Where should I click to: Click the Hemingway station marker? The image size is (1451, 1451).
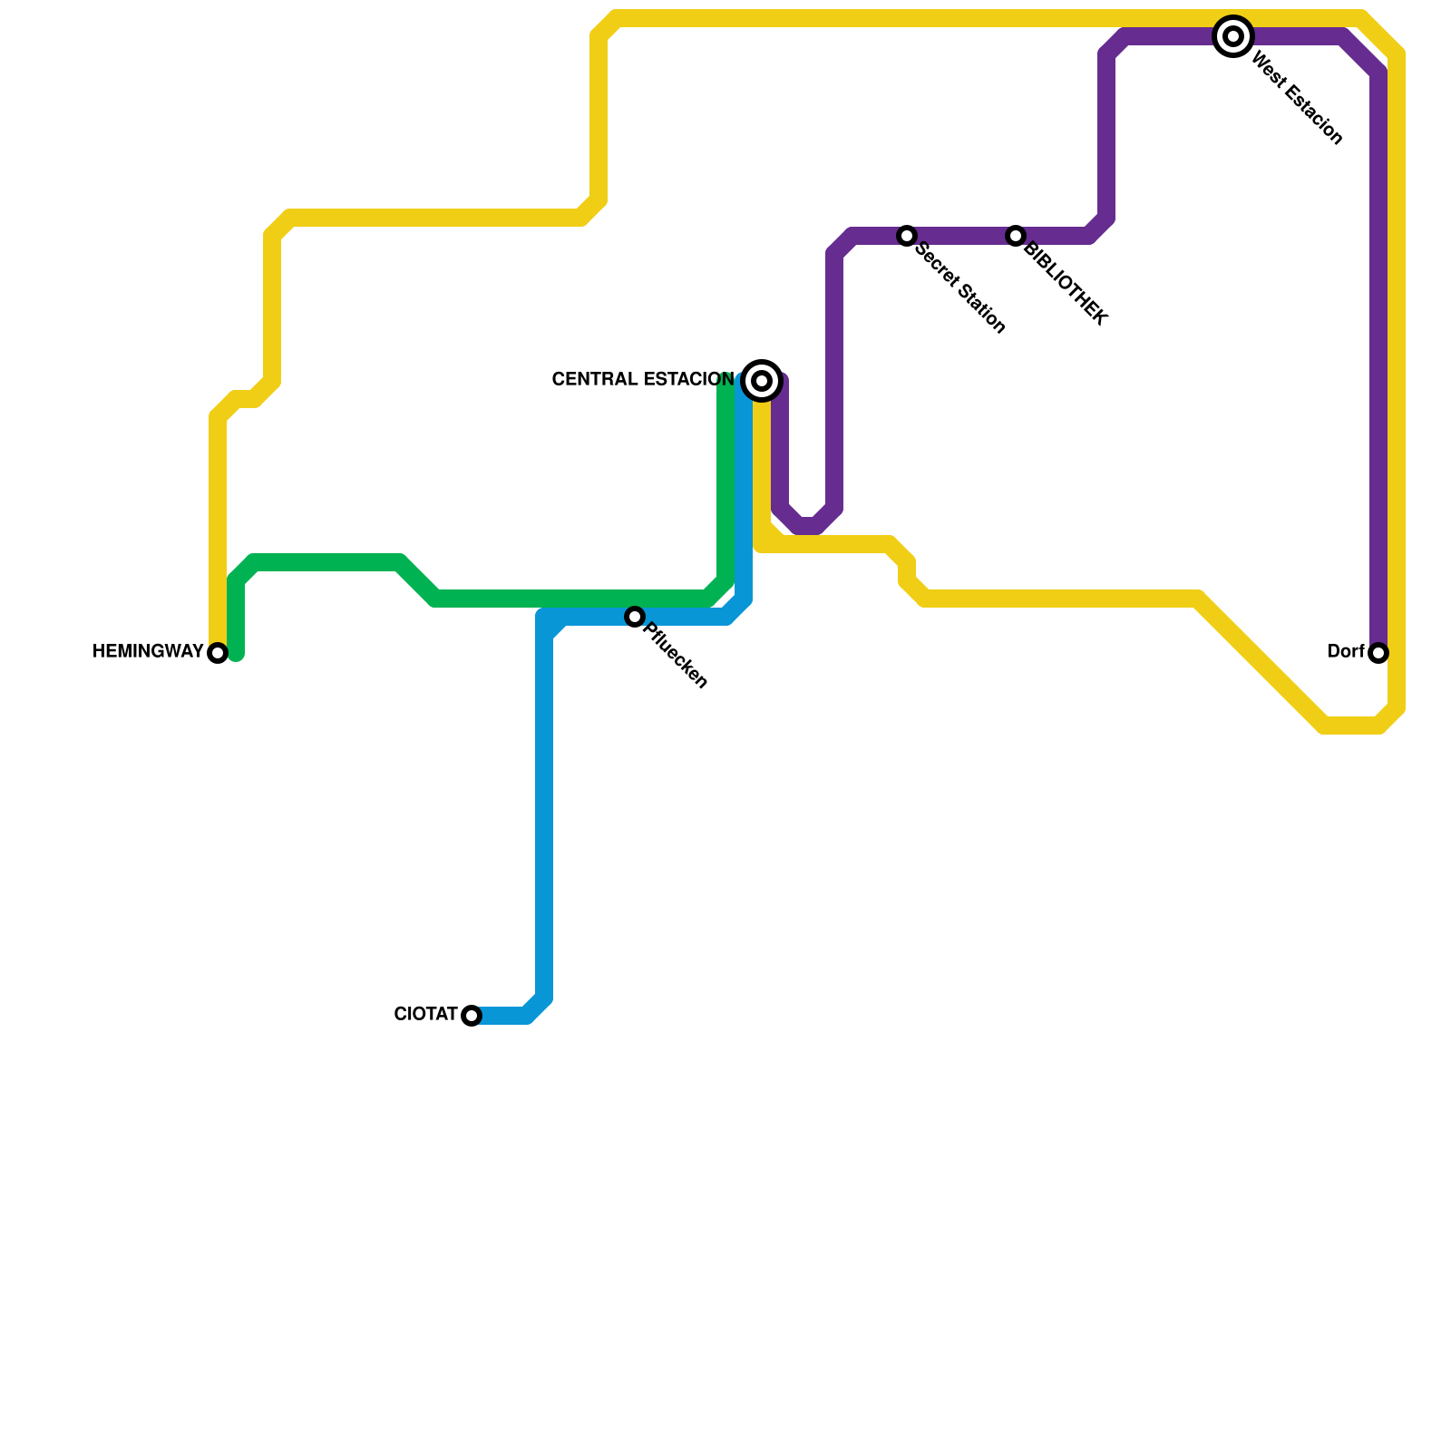click(218, 653)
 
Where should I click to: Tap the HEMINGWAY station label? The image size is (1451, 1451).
click(148, 652)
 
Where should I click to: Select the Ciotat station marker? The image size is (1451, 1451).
click(472, 1016)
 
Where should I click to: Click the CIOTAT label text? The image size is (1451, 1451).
click(425, 1015)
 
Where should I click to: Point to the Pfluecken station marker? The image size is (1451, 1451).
click(635, 617)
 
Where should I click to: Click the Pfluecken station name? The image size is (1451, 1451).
click(674, 656)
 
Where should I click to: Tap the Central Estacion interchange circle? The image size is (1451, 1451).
click(762, 381)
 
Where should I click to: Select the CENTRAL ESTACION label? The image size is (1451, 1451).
click(643, 380)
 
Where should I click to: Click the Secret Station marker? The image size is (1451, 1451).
click(907, 236)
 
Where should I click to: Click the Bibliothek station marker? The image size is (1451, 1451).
click(1016, 236)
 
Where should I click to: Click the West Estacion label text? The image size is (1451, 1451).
click(1296, 98)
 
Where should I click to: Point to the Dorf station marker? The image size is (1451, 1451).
click(1378, 653)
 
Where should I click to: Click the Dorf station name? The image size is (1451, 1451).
click(1345, 652)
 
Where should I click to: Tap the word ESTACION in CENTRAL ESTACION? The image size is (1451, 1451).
click(688, 380)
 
